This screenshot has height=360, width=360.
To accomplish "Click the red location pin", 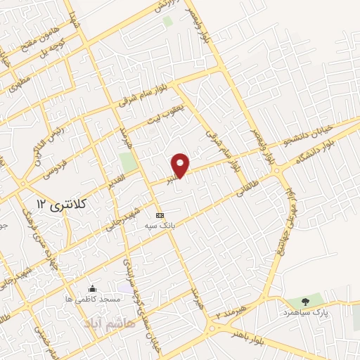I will click(x=181, y=165).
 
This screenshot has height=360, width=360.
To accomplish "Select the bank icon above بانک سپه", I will click(x=160, y=214).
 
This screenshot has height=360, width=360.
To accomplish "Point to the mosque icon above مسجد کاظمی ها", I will click(x=92, y=288).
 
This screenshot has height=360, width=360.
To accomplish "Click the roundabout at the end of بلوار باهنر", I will click(x=215, y=328).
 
